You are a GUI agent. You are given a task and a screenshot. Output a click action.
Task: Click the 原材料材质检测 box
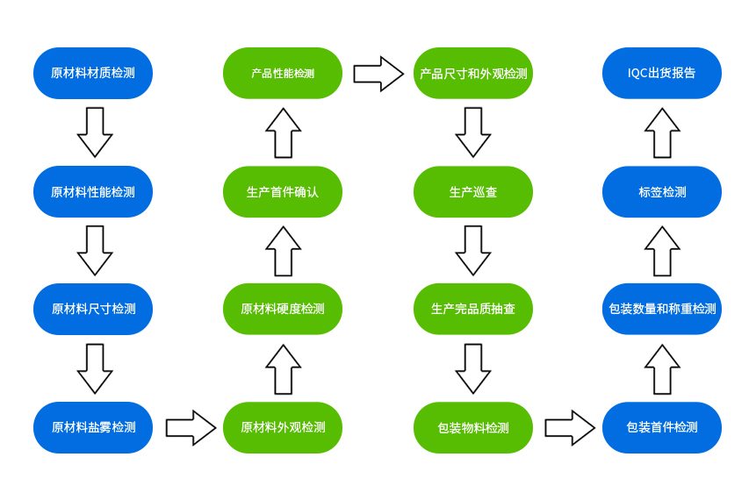(x=93, y=73)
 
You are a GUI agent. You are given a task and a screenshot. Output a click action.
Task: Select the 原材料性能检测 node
(x=93, y=191)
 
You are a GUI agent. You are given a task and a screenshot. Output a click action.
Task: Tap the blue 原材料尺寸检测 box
(x=93, y=309)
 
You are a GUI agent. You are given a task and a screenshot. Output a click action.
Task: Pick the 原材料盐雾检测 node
(x=93, y=427)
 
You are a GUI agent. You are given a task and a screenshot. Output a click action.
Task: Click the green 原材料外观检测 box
(x=283, y=427)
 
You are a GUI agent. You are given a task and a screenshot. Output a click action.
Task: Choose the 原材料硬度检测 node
(x=283, y=309)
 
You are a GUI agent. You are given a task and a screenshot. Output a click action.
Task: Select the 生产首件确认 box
(x=283, y=191)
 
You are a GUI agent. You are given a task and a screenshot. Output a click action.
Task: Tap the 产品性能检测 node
(x=283, y=73)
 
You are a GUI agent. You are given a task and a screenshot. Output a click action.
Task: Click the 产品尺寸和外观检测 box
(x=473, y=73)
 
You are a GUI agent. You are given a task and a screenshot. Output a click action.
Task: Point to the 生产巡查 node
(x=473, y=191)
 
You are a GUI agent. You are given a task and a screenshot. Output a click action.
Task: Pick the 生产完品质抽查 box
(x=473, y=309)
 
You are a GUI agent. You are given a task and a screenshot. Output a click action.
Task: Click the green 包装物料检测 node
(x=473, y=427)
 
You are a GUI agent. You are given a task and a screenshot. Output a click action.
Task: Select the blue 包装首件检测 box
(x=662, y=427)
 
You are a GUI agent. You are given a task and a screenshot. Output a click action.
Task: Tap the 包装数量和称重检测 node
(x=662, y=309)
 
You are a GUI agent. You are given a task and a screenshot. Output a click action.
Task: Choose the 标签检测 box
(x=662, y=191)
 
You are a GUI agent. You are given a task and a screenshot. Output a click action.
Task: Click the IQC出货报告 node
(x=662, y=73)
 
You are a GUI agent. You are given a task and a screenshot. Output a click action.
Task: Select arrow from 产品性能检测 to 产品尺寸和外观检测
(x=378, y=74)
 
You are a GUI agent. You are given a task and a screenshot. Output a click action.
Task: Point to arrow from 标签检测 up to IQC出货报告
(x=662, y=132)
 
